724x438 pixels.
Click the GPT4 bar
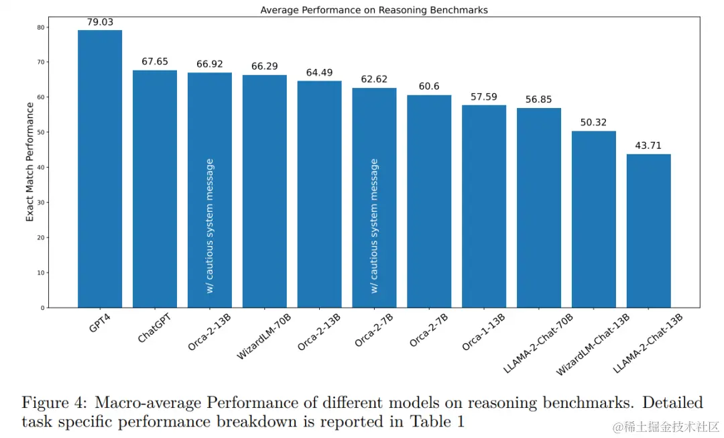coord(100,168)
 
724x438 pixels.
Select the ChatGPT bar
coord(155,188)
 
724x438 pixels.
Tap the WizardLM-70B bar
coord(265,191)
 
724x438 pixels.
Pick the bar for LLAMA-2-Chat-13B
coord(649,231)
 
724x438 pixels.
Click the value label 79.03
coord(100,22)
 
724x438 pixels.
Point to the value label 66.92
coord(210,64)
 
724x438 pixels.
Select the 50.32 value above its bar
coord(594,123)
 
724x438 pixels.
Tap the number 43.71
coord(649,146)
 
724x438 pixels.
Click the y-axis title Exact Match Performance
coord(30,162)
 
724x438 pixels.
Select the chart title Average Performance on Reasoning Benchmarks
coord(374,10)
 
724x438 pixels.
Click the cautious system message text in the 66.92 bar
coord(210,225)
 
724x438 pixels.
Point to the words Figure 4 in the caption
coord(54,402)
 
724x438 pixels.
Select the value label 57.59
coord(484,97)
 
